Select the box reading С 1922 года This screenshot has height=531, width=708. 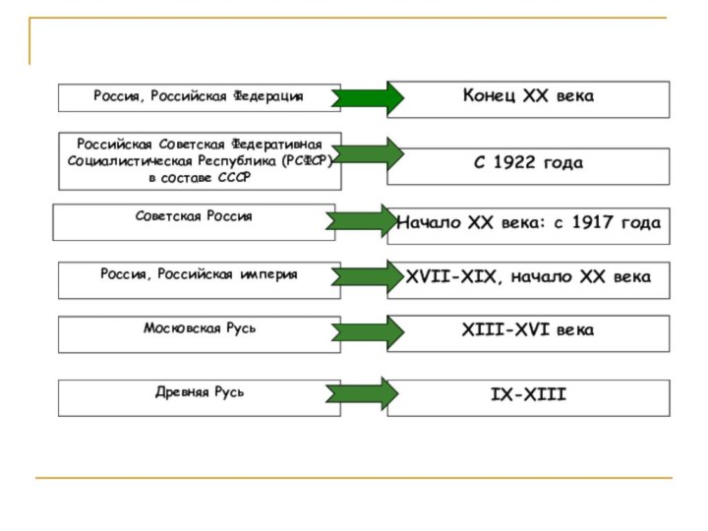coord(528,163)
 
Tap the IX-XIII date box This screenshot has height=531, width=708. coord(528,395)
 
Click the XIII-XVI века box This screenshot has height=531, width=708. coord(528,331)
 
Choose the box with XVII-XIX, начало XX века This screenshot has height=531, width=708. coord(528,278)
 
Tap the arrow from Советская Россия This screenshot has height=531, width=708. coord(361,221)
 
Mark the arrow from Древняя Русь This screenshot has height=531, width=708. coord(361,394)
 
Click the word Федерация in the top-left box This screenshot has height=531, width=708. coord(267,96)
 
